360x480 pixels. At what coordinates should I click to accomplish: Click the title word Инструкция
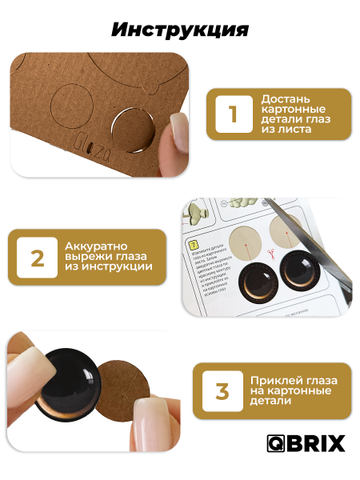coord(180,30)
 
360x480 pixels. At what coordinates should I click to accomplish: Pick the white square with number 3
coord(222,391)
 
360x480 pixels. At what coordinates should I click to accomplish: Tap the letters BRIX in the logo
coord(318,443)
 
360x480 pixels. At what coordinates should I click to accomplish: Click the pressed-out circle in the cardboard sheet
coord(133,129)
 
